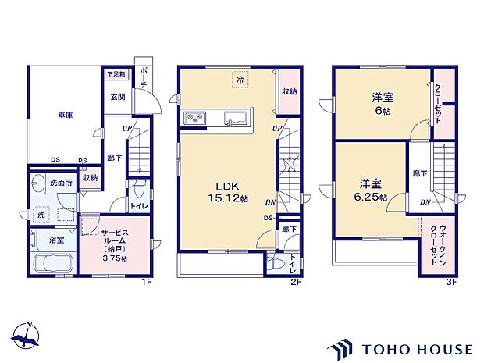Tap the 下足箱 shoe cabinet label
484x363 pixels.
(x=116, y=74)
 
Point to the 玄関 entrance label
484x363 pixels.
(x=117, y=96)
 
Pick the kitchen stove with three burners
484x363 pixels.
(x=194, y=119)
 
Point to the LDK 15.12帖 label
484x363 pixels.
(x=223, y=192)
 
